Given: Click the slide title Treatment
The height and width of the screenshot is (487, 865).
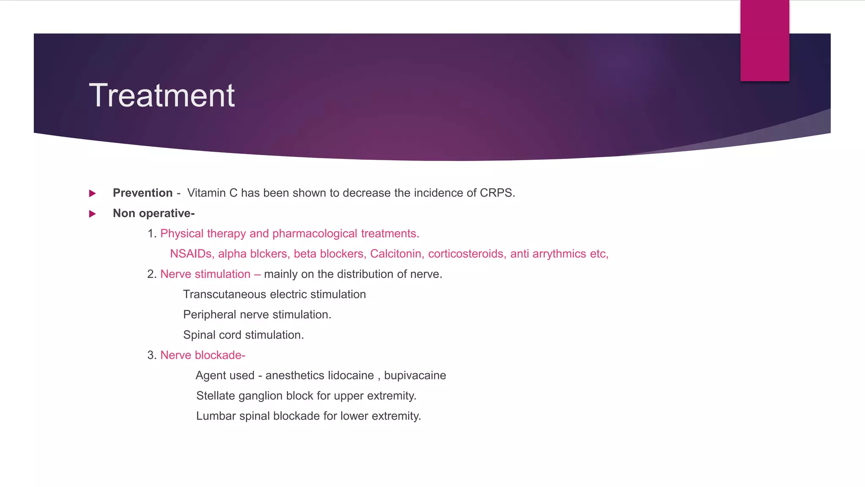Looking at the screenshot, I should (162, 96).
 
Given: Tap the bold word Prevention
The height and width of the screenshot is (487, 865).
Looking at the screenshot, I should (142, 193).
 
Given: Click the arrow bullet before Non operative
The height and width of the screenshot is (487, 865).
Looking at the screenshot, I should (92, 214).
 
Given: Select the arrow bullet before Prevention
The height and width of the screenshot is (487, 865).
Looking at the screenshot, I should (92, 194).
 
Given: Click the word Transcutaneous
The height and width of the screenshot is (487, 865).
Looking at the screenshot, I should (225, 295).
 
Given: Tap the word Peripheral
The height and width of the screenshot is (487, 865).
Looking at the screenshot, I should (209, 315).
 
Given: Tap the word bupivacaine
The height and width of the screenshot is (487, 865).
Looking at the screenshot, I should (415, 375).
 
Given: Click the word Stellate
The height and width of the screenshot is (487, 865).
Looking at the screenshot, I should (215, 396).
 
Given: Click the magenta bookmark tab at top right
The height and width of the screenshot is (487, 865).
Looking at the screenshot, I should (764, 40).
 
